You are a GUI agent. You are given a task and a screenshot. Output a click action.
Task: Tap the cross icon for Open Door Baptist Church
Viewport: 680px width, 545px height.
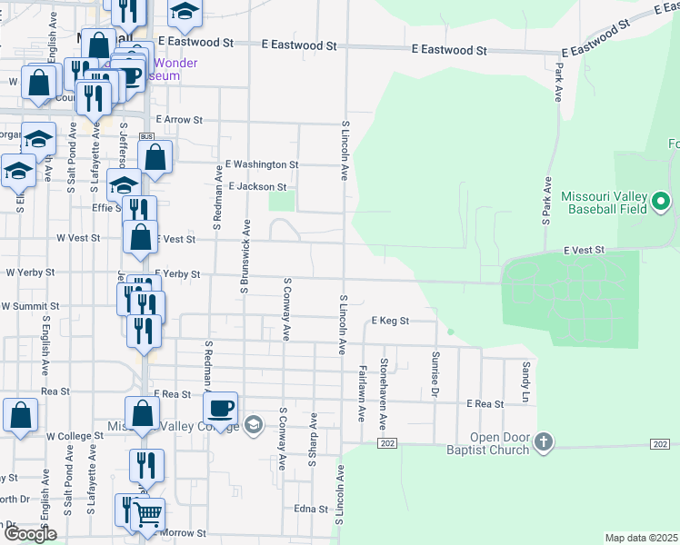543,441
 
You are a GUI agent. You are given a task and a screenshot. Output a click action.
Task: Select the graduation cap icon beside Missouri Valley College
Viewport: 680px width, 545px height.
254,423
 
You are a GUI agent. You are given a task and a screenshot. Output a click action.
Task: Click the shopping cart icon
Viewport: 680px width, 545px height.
147,515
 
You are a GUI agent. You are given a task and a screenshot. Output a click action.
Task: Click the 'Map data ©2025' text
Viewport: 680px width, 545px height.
641,538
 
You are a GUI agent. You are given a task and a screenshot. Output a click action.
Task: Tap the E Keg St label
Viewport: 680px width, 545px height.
391,321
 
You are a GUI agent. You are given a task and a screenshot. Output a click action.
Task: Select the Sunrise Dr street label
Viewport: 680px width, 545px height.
435,374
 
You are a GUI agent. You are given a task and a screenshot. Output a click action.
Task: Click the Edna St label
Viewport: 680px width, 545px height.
311,510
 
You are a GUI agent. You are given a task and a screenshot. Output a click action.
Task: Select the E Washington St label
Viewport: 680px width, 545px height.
263,164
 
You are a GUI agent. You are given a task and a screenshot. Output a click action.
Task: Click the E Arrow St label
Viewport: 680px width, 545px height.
179,119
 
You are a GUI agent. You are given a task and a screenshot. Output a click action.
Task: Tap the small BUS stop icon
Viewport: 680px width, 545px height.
146,137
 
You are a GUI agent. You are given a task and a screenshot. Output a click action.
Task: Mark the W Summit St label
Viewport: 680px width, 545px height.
31,307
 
